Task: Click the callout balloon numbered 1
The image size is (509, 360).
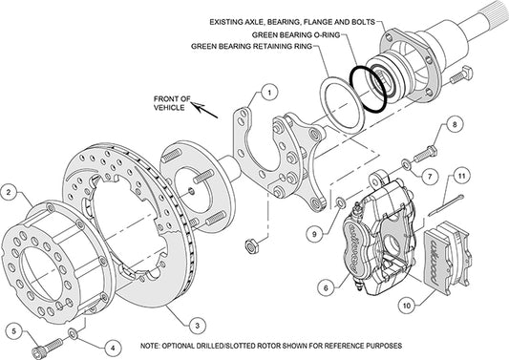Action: [270, 93]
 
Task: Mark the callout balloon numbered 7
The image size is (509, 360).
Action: [431, 177]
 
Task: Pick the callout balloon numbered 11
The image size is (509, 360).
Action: [459, 176]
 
